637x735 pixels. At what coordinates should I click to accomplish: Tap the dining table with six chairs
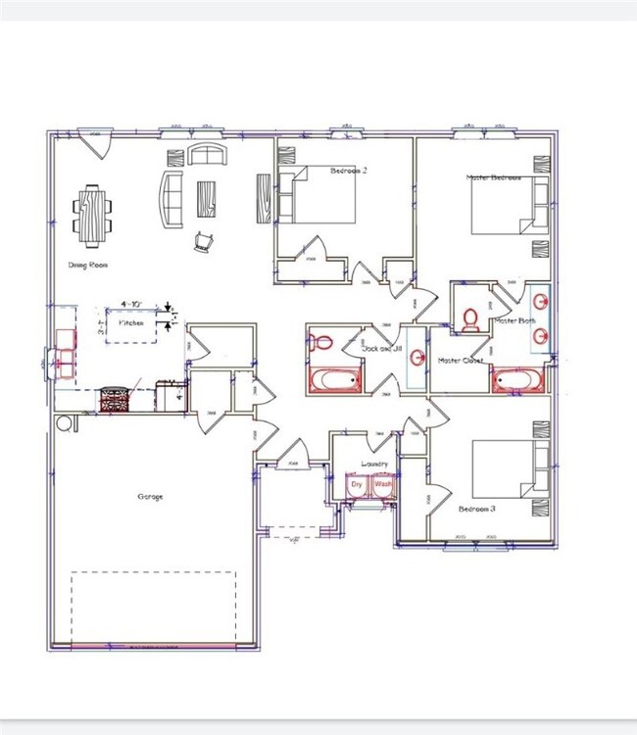point(91,211)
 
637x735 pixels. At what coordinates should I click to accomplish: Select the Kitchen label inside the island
point(131,322)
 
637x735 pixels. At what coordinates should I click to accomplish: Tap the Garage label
point(149,497)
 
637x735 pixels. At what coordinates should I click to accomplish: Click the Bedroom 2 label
point(348,171)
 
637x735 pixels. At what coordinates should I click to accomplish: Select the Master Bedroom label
point(493,178)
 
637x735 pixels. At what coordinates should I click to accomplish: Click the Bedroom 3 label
point(477,509)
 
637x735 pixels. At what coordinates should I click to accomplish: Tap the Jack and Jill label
point(382,349)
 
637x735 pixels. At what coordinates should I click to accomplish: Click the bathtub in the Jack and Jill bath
point(336,380)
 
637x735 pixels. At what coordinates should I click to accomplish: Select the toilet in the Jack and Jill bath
point(321,343)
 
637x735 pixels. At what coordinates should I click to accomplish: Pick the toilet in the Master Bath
point(469,319)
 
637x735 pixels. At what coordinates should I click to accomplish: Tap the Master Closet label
point(461,361)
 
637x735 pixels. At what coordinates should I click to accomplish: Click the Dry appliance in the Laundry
point(358,485)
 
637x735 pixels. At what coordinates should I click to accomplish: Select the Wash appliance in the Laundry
point(382,485)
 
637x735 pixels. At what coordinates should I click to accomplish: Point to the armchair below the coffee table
point(204,241)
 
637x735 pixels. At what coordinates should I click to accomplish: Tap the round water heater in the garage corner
point(67,422)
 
